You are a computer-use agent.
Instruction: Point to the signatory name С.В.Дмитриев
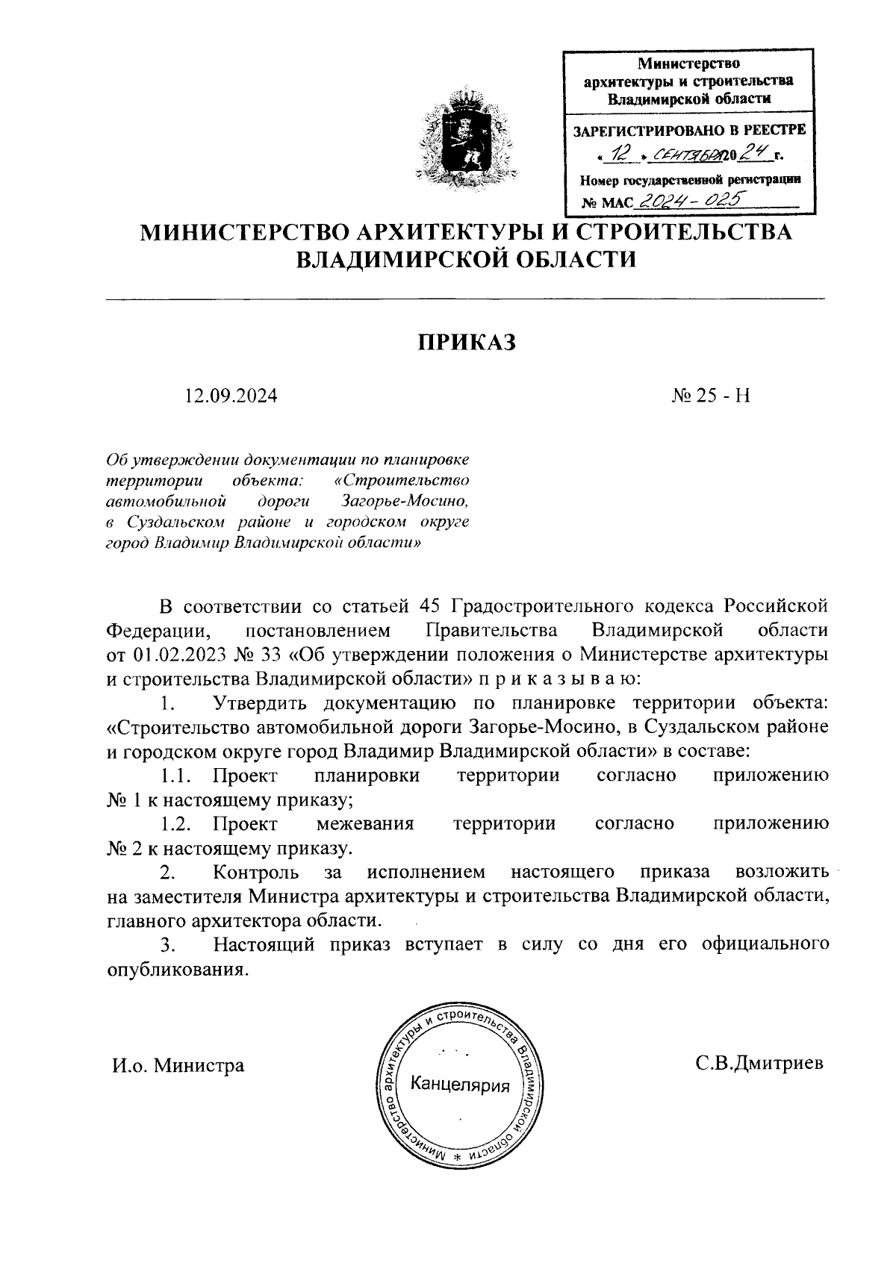pyautogui.click(x=759, y=1063)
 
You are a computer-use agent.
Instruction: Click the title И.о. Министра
pyautogui.click(x=178, y=1064)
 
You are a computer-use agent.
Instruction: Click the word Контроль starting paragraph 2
pyautogui.click(x=256, y=872)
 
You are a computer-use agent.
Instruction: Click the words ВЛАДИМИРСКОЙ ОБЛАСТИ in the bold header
pyautogui.click(x=467, y=261)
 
